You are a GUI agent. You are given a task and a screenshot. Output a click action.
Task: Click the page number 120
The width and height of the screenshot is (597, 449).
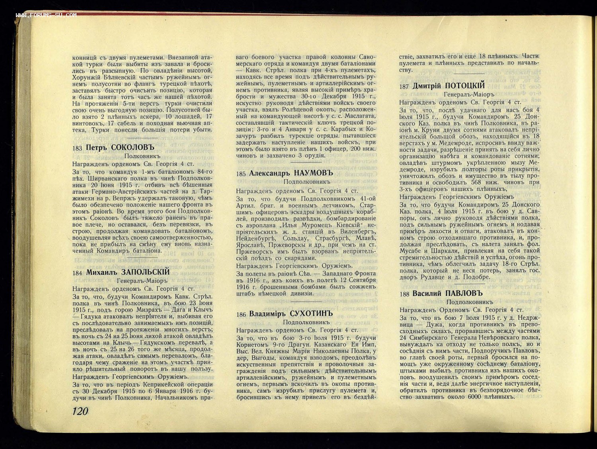pos(80,411)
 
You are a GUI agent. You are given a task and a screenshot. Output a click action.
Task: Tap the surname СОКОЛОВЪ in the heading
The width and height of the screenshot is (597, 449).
pos(132,148)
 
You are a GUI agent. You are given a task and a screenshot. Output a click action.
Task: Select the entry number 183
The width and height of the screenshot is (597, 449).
pos(78,149)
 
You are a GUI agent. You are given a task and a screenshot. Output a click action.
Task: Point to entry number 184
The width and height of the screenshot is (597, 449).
pos(78,273)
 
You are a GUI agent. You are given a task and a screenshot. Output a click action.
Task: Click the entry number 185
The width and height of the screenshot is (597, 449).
pos(241,174)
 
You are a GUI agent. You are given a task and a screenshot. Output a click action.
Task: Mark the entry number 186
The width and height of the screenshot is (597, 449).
pos(241,315)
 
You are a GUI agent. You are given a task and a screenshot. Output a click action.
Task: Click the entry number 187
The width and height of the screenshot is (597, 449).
pos(404,86)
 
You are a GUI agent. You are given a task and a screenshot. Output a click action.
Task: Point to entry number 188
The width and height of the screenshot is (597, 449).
pos(404,294)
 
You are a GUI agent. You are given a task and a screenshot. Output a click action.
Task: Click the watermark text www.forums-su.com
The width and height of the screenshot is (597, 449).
pos(46,15)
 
